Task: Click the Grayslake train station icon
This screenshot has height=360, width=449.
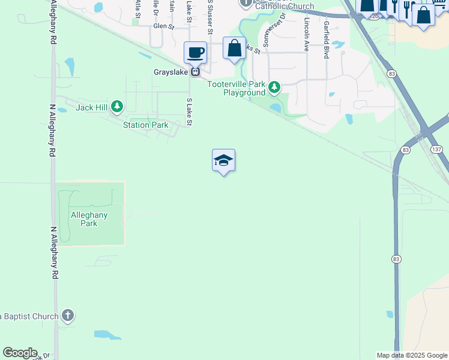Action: (195, 72)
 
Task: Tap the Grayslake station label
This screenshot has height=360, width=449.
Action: (167, 72)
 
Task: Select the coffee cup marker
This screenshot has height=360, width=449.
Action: (195, 53)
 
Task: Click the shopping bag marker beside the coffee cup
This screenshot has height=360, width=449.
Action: (234, 48)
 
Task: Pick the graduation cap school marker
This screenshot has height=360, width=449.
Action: (223, 160)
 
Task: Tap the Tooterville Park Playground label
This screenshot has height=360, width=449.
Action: (237, 88)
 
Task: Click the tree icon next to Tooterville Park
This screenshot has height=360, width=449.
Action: (274, 88)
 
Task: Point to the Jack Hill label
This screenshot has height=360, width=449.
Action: (91, 107)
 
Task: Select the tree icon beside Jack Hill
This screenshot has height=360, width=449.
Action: (117, 107)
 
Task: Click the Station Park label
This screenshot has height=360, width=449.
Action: (145, 125)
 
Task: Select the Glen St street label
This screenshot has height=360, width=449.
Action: (163, 26)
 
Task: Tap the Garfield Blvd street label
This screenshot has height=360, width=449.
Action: (326, 40)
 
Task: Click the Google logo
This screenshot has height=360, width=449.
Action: (20, 353)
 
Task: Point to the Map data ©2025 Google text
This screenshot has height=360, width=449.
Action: (411, 355)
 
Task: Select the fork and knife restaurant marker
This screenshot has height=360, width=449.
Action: (407, 8)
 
